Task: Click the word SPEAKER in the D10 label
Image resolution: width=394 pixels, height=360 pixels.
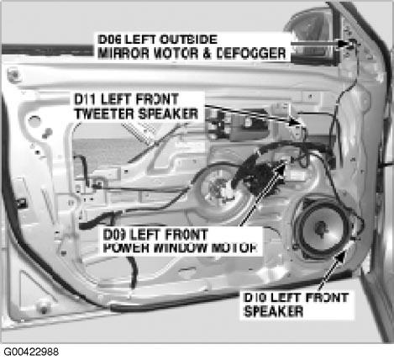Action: [x=274, y=311]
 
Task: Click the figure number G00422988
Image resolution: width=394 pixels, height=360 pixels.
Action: [x=31, y=352]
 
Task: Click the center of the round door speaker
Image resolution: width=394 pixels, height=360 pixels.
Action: [x=322, y=228]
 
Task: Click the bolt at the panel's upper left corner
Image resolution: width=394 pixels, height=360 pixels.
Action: [x=13, y=73]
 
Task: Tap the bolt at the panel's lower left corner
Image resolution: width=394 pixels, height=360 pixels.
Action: [x=44, y=306]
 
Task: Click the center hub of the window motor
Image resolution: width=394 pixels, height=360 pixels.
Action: [x=218, y=189]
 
